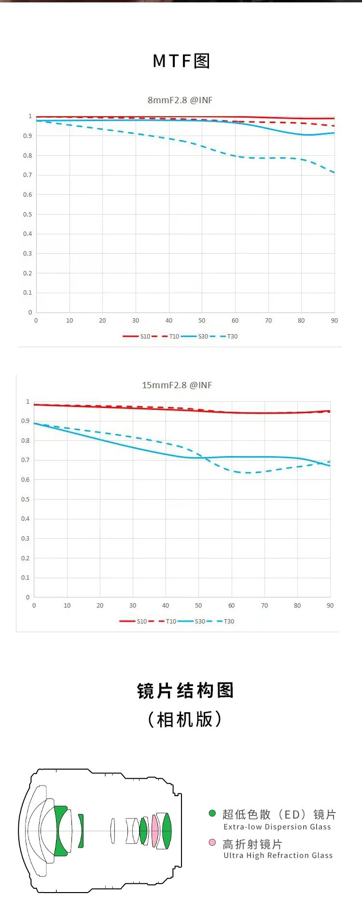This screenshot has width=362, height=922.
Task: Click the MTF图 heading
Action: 181,61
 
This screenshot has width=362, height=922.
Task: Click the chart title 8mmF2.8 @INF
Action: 180,100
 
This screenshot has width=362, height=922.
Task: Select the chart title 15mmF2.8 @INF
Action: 177,385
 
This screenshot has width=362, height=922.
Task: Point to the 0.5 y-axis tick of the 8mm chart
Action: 28,215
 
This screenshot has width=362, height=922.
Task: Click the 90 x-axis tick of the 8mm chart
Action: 334,321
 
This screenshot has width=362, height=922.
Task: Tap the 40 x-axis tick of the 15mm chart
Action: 166,606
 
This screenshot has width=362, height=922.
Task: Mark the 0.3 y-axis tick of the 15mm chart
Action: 25,539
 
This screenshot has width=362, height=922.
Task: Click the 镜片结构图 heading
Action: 185,691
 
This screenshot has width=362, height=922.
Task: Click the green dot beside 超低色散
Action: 212,814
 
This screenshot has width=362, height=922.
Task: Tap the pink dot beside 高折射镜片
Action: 212,842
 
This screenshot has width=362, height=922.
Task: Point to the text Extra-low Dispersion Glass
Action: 277,827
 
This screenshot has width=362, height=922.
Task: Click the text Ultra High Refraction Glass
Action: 278,855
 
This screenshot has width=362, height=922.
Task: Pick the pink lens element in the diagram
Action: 155,831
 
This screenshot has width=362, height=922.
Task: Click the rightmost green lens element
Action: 167,831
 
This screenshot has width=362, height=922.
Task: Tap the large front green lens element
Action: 62,831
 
